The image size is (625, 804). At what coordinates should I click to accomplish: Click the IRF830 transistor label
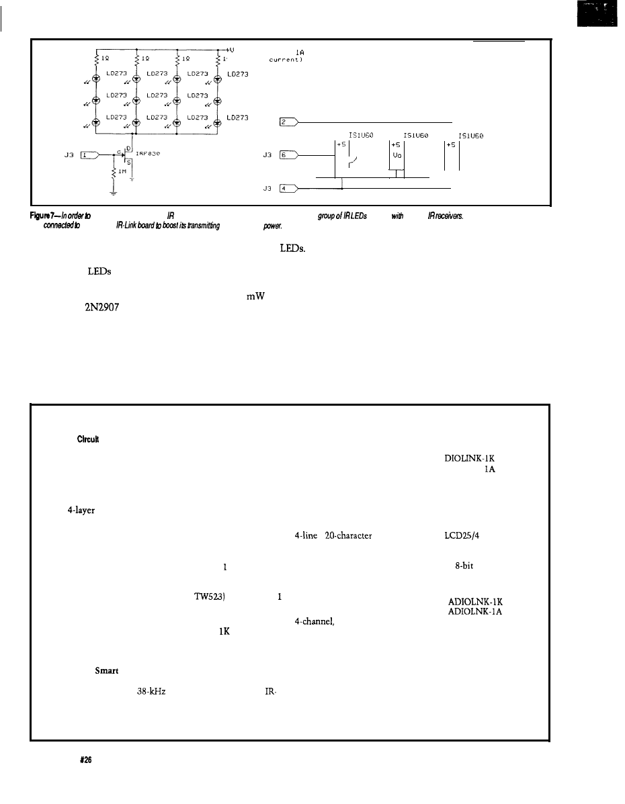pyautogui.click(x=150, y=152)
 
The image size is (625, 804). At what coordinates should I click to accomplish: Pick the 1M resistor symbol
pyautogui.click(x=114, y=173)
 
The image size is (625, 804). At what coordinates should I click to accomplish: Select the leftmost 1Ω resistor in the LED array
pyautogui.click(x=97, y=59)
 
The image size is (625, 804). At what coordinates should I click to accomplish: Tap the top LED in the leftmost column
pyautogui.click(x=96, y=78)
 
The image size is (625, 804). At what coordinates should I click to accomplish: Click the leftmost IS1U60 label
pyautogui.click(x=362, y=134)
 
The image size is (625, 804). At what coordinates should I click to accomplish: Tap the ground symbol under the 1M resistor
pyautogui.click(x=114, y=194)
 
